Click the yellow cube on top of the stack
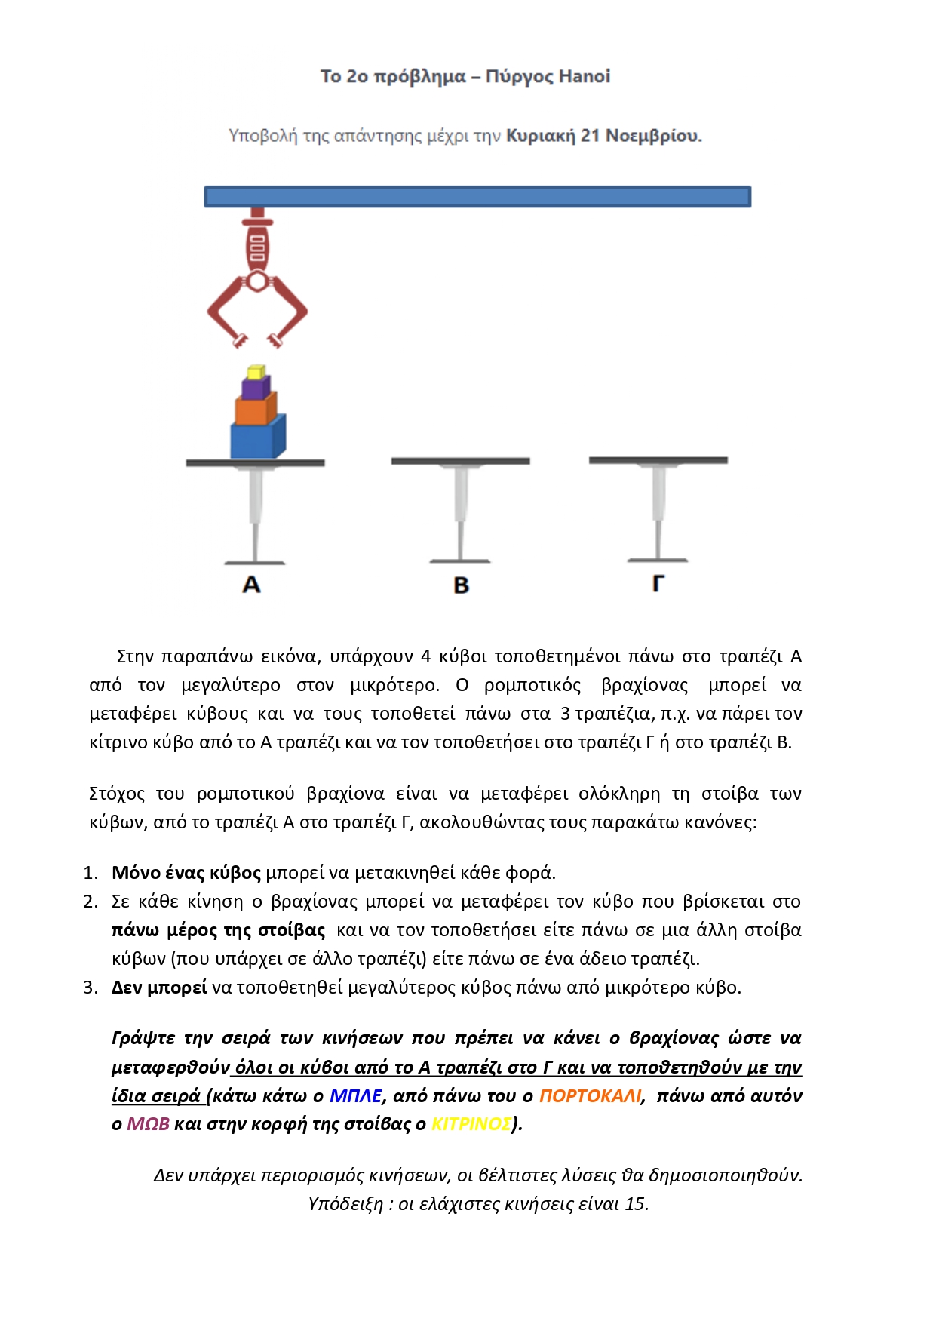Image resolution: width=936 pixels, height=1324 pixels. pyautogui.click(x=256, y=372)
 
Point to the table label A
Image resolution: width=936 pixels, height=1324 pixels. pyautogui.click(x=251, y=585)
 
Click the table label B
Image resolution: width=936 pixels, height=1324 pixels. pyautogui.click(x=461, y=585)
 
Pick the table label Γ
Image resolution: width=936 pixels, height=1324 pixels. pyautogui.click(x=658, y=583)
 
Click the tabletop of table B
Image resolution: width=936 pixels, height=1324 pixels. pyautogui.click(x=460, y=461)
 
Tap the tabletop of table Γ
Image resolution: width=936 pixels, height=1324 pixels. pyautogui.click(x=658, y=459)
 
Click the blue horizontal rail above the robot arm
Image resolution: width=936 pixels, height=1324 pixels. pyautogui.click(x=477, y=197)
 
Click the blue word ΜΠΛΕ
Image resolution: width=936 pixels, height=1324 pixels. pyautogui.click(x=356, y=1095)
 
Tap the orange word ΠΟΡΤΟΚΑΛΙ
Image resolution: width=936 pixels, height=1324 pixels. pyautogui.click(x=590, y=1095)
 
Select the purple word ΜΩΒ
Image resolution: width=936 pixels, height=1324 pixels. pyautogui.click(x=148, y=1124)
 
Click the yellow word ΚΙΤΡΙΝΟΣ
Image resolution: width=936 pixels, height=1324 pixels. pyautogui.click(x=471, y=1124)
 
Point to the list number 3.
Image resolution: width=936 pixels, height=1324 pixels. pyautogui.click(x=91, y=988)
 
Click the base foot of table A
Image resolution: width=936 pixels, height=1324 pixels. pyautogui.click(x=255, y=562)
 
